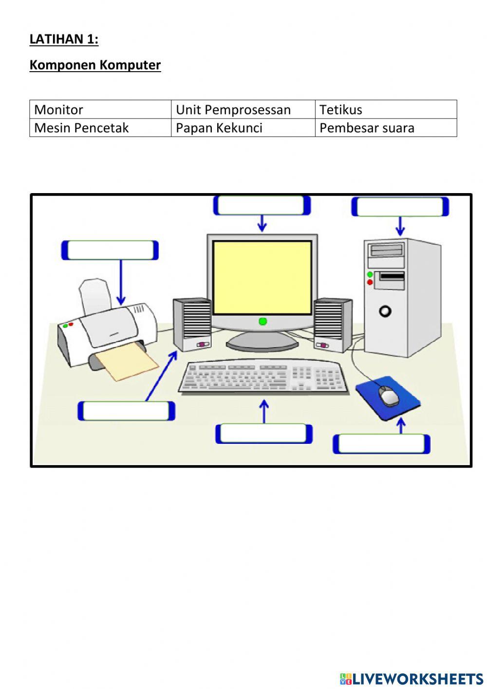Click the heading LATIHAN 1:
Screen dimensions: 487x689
(64, 39)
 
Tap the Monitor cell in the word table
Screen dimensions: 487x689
(100, 109)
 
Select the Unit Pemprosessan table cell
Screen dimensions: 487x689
(243, 109)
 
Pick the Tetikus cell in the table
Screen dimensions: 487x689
(386, 109)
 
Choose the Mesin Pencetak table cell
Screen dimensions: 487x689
(100, 128)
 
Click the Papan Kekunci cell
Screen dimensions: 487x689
(243, 128)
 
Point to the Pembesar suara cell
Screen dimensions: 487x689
(386, 128)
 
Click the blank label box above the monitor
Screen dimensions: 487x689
(262, 205)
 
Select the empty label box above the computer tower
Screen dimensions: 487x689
(400, 207)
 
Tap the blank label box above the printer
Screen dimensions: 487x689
(110, 250)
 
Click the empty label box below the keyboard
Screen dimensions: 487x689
(264, 433)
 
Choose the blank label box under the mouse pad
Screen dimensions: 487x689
(381, 444)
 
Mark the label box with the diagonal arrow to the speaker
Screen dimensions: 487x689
(126, 411)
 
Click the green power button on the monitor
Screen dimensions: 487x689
(262, 321)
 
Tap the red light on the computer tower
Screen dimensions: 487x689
(370, 282)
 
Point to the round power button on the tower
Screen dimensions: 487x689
(385, 311)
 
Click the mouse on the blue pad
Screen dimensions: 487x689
(389, 395)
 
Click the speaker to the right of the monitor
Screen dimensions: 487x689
(333, 325)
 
